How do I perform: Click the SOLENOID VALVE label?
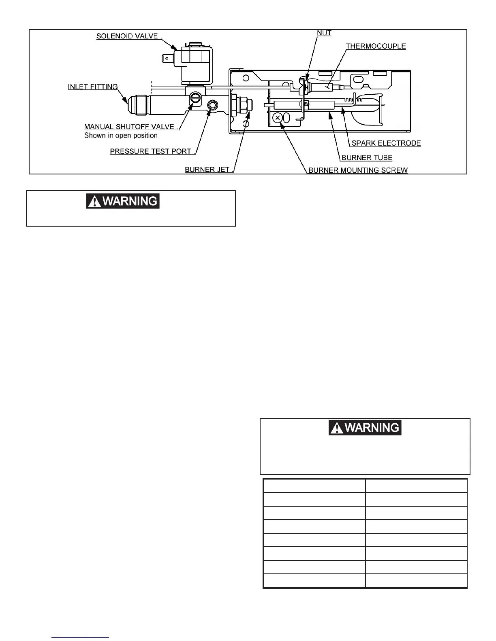point(128,36)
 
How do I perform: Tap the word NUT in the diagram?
point(324,33)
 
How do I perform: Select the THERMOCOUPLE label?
point(376,46)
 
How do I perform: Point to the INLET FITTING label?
point(93,87)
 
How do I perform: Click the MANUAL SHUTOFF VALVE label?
point(130,127)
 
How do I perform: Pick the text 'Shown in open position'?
point(121,136)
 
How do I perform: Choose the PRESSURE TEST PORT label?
point(151,151)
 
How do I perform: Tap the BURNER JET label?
point(207,170)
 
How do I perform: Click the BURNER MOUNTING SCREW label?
point(358,170)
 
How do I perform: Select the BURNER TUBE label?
point(367,158)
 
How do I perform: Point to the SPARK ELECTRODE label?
point(386,143)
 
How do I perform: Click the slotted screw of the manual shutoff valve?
point(196,98)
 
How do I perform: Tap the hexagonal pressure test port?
point(212,106)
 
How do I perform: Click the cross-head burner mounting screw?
point(277,118)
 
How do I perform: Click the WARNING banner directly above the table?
point(365,428)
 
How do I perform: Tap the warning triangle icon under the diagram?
point(94,202)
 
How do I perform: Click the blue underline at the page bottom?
point(81,638)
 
